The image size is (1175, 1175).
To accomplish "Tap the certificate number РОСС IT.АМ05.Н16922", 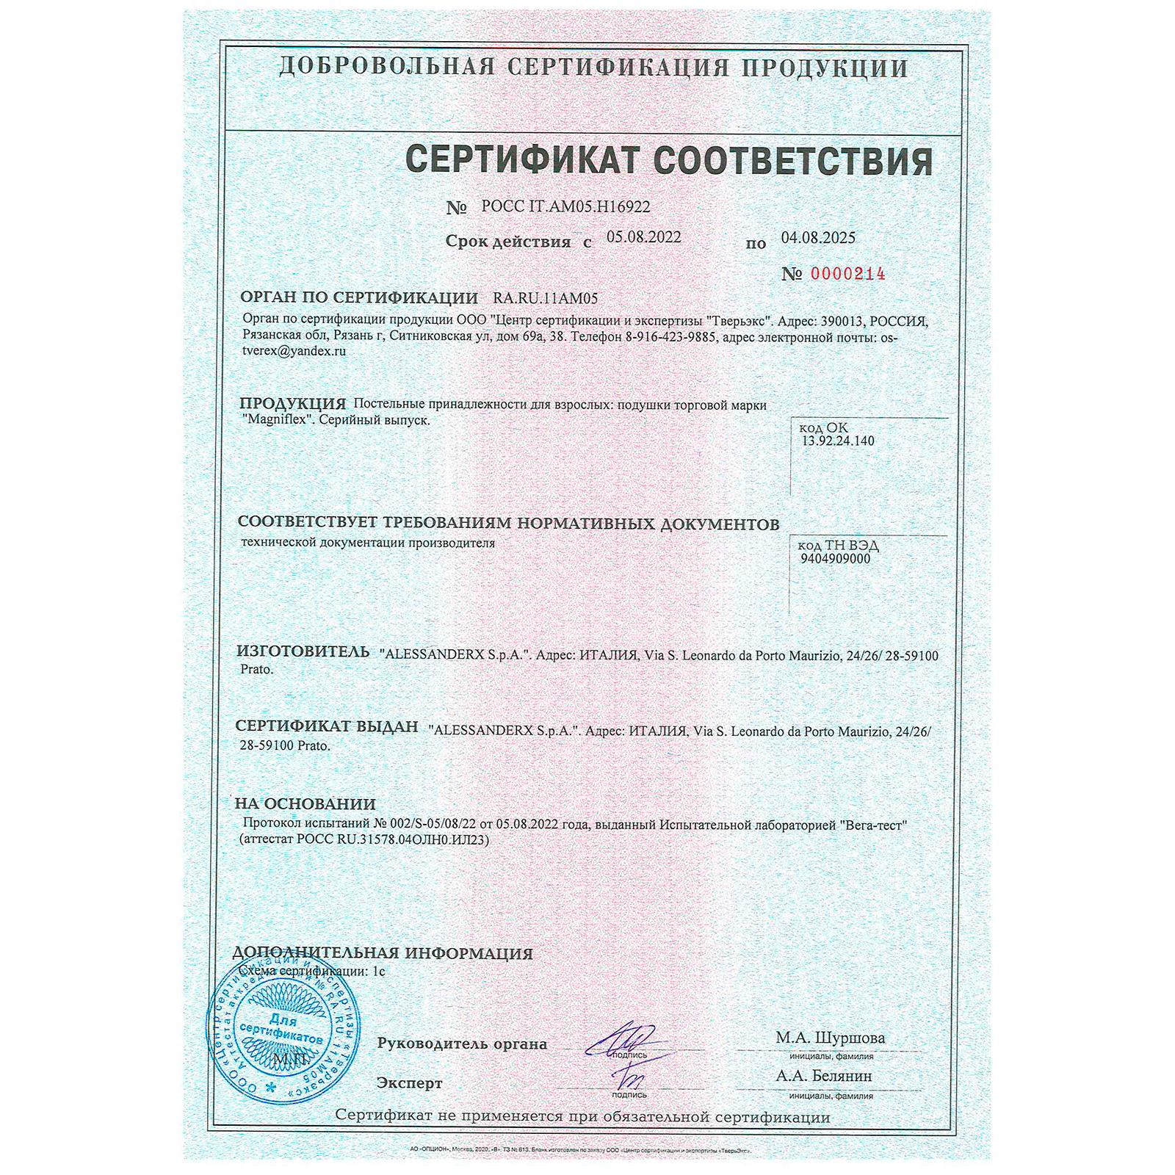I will coord(565,208).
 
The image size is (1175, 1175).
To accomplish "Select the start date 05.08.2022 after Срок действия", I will coord(644,237).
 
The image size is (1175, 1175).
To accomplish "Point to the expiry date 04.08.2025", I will coord(818,237).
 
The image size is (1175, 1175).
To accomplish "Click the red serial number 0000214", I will coord(847,274).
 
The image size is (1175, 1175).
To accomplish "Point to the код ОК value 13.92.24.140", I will coord(839,441).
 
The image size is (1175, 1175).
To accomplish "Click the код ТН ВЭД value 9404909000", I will coord(835,558).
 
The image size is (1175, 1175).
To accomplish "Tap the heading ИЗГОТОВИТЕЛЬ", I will coord(303,651).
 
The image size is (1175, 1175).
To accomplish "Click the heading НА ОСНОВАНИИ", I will coord(305,803).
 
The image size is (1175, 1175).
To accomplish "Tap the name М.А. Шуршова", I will coord(830,1038).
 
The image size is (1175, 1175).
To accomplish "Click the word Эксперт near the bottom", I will coord(409,1083).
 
